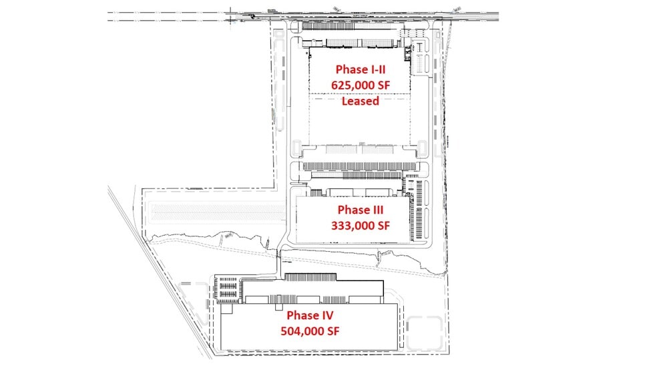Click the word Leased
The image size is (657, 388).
pyautogui.click(x=361, y=102)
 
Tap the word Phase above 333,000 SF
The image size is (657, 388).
pyautogui.click(x=350, y=210)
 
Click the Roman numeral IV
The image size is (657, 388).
pyautogui.click(x=324, y=315)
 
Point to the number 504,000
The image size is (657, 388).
pyautogui.click(x=301, y=331)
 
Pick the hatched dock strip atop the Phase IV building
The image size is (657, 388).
pyautogui.click(x=312, y=276)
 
